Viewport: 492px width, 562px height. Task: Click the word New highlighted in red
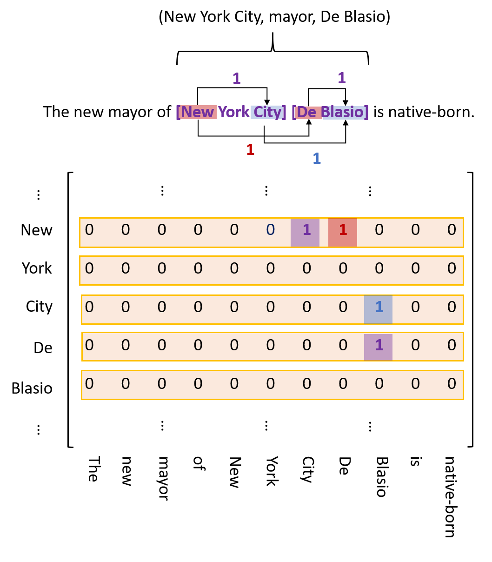point(198,112)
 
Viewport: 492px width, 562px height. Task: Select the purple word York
point(233,112)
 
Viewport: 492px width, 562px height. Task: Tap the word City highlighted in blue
point(267,112)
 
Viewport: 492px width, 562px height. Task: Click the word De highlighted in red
point(306,112)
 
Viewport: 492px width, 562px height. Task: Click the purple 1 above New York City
point(236,79)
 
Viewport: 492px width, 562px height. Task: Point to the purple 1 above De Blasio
point(341,78)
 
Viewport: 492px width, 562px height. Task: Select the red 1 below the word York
point(250,150)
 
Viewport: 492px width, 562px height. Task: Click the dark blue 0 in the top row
point(270,230)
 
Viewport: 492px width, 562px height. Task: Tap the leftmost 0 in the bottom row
point(89,384)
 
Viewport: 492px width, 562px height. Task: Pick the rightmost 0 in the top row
point(452,230)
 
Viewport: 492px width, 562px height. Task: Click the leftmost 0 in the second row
point(89,268)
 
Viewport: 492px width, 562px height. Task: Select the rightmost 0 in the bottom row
point(452,384)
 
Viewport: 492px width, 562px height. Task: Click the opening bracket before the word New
point(178,112)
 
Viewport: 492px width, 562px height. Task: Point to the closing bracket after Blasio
point(366,112)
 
